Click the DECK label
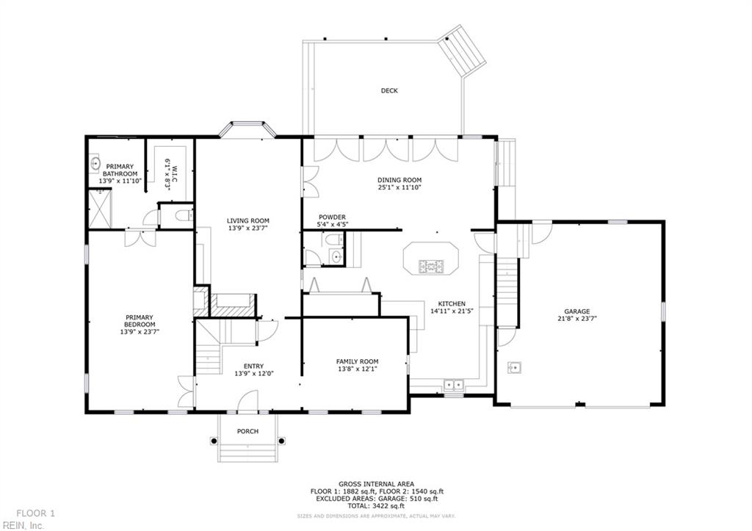[389, 91]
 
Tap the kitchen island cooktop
[430, 266]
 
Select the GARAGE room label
[576, 311]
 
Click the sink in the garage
[515, 367]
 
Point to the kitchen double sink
[453, 384]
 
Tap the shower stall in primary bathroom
[99, 209]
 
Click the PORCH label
[247, 431]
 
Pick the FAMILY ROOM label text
[357, 361]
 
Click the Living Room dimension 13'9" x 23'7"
[247, 228]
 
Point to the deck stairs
[462, 50]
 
